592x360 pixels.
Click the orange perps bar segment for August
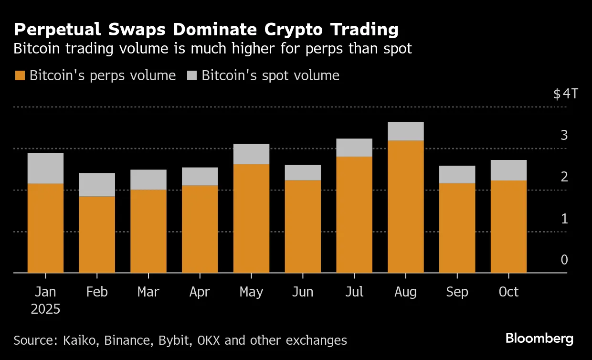(x=405, y=206)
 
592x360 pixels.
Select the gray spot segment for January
(x=45, y=168)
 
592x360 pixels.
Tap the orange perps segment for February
(x=97, y=234)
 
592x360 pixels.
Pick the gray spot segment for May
(x=251, y=154)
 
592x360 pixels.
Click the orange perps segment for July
(x=354, y=214)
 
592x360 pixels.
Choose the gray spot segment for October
(x=508, y=170)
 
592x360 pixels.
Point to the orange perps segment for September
(x=457, y=227)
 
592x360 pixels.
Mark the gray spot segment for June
(x=303, y=172)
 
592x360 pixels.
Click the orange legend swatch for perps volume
(x=20, y=76)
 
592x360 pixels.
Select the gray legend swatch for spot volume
(x=192, y=76)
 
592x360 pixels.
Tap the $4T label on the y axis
(x=565, y=94)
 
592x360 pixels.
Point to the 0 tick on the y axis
(x=564, y=260)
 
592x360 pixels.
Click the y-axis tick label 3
(x=564, y=135)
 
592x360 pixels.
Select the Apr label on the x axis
(x=200, y=292)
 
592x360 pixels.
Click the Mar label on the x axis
(x=148, y=292)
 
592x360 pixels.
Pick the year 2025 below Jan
(x=45, y=309)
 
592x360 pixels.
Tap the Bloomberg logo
(x=539, y=339)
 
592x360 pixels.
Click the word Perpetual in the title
(x=58, y=30)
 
